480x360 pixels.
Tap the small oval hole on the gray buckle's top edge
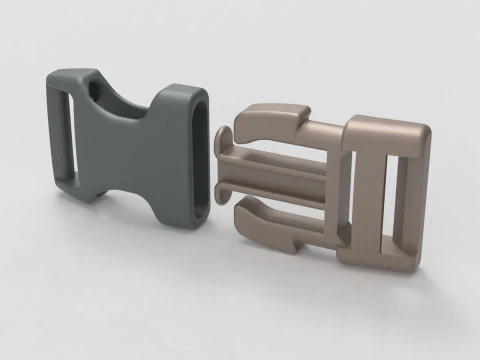pyautogui.click(x=97, y=90)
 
